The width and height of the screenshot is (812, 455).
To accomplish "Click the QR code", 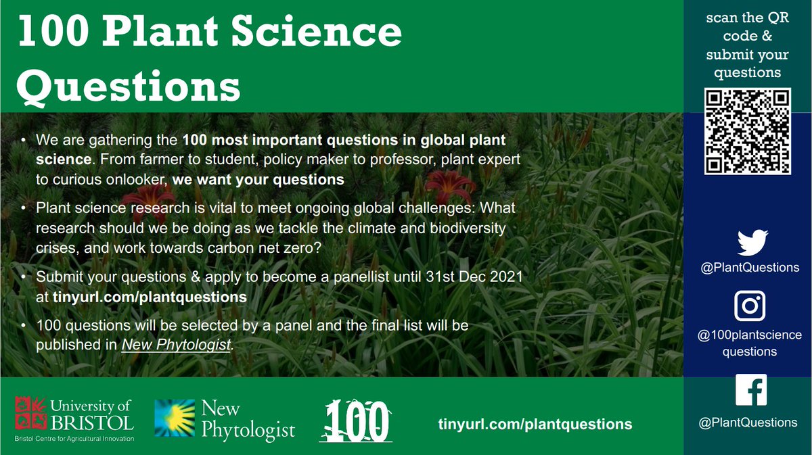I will (x=747, y=131).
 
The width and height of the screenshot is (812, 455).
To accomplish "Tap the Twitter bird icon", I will (x=750, y=243).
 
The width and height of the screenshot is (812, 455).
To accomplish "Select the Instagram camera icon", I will (x=750, y=306).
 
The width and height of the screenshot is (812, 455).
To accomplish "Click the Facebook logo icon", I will (x=750, y=390).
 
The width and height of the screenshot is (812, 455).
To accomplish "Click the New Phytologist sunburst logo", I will (x=174, y=418).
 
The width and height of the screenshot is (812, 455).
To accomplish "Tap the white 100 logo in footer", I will (x=355, y=422).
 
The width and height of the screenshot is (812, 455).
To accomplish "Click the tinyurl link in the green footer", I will (x=535, y=424).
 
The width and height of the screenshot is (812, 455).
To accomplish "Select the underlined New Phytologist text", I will (x=176, y=344).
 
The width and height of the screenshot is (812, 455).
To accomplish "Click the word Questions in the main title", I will (x=129, y=85).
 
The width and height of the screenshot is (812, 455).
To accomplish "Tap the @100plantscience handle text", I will (x=750, y=335).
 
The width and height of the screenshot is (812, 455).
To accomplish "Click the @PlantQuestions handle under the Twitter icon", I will (x=750, y=267).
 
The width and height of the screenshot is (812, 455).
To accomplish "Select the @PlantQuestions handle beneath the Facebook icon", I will (x=750, y=423).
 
